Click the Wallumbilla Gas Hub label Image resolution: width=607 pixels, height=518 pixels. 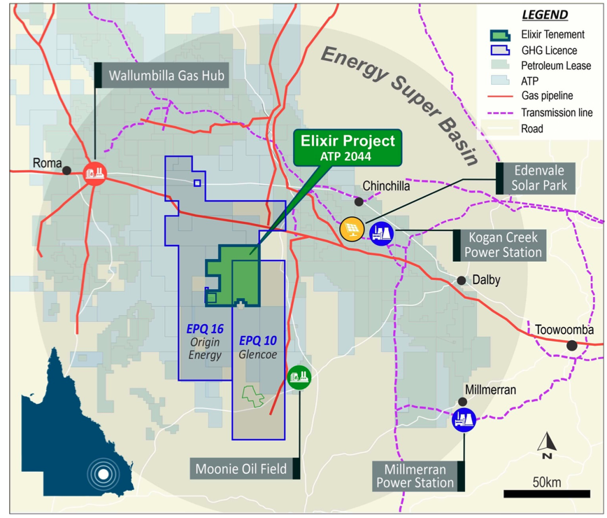pos(166,75)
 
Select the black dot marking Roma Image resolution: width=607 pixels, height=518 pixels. pos(66,170)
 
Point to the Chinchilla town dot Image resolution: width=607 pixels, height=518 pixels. pos(359,202)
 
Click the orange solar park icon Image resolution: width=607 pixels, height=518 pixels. pos(351,228)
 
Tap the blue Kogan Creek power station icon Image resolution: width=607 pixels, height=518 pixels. pos(381,232)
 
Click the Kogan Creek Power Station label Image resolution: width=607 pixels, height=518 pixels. pos(503,244)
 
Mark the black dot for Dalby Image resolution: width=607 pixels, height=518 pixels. pos(462,280)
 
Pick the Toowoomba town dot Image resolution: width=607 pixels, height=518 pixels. pos(572,345)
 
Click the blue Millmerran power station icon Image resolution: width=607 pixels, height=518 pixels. pos(464,419)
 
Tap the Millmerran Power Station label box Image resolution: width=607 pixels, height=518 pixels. pos(415,476)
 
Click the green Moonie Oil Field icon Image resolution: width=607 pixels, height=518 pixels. pos(299,377)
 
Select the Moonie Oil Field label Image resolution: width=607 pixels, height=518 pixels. pos(242,469)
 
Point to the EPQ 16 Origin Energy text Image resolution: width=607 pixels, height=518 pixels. pos(204,342)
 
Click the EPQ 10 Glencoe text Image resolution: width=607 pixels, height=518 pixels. pos(258,348)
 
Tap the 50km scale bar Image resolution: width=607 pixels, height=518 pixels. pos(546,493)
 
